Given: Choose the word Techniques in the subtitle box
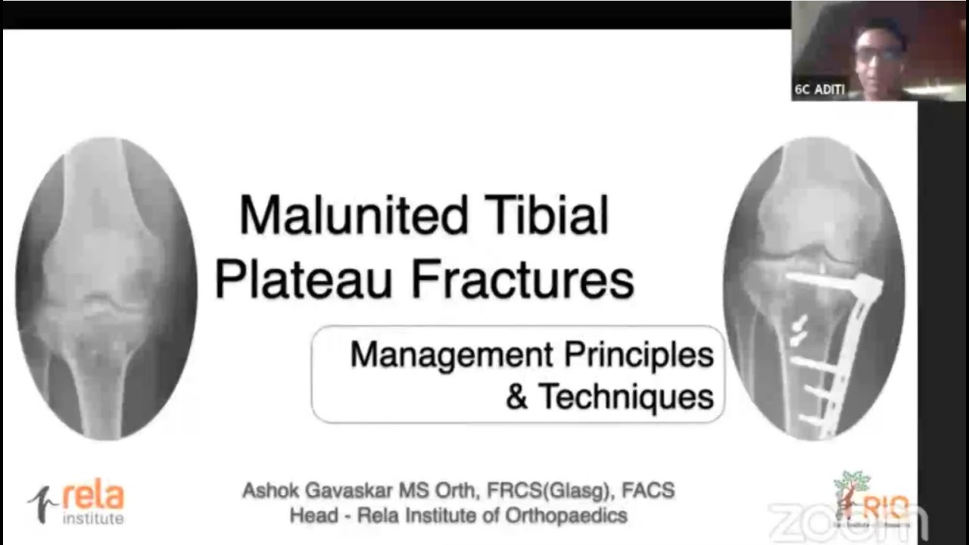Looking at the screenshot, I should coord(626,396).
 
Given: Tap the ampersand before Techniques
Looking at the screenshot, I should coord(517,397).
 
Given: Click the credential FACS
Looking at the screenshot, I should coord(648,490).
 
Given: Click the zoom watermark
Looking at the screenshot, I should coord(848,521).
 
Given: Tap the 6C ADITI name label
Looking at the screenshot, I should coord(819,89).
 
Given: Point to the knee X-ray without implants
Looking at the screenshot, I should coord(106,288).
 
